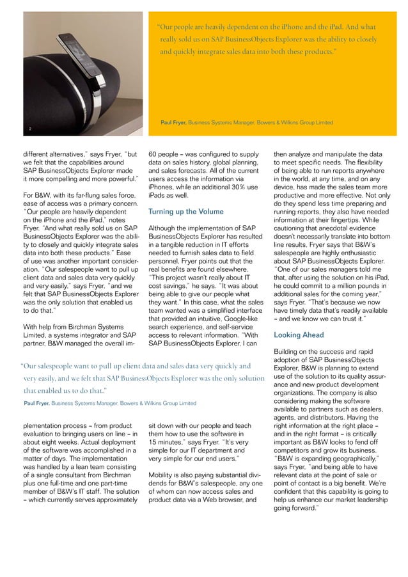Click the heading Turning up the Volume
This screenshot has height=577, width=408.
[x=186, y=212]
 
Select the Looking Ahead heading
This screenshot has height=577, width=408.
[x=299, y=335]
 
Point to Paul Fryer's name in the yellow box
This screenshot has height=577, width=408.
[x=174, y=122]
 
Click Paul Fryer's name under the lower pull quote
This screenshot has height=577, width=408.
[x=37, y=403]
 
